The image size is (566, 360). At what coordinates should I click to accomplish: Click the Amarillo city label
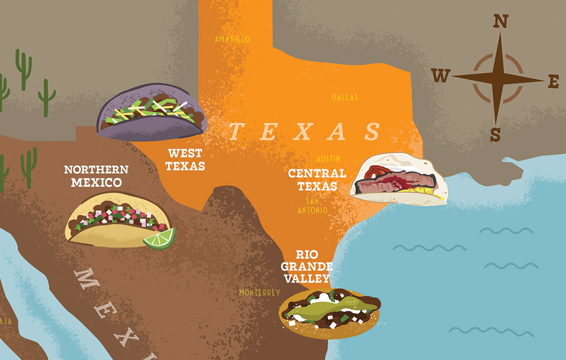(232, 39)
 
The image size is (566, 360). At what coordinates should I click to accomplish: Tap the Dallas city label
(345, 97)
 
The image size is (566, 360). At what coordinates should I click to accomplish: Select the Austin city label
(329, 159)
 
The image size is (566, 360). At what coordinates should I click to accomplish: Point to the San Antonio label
(312, 205)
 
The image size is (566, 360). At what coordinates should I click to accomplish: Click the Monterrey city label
(259, 293)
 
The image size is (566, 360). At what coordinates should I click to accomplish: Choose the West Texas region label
(186, 159)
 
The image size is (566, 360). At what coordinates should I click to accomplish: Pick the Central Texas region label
(317, 179)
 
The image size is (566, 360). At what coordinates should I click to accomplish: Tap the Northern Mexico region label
(96, 176)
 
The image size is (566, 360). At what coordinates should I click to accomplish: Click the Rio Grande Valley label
(312, 266)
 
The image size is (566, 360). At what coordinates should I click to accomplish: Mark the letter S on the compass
(495, 135)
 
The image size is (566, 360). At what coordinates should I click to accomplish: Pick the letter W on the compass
(440, 77)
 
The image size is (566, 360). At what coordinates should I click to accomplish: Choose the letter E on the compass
(554, 81)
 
